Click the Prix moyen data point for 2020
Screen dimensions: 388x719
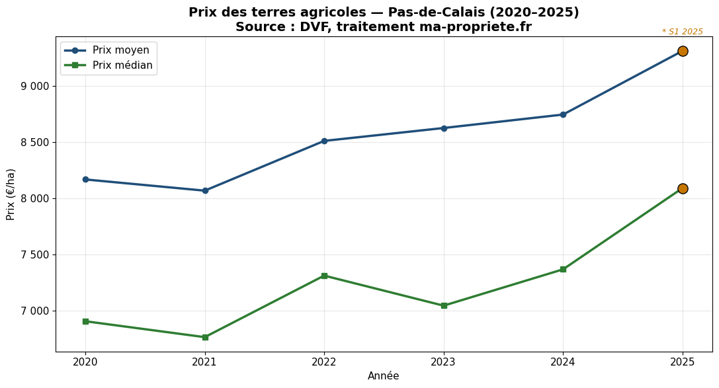(85, 179)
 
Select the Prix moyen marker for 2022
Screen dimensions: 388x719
(324, 141)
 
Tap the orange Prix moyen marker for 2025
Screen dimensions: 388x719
(683, 51)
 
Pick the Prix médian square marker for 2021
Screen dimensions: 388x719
(205, 337)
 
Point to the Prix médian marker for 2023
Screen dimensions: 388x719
(444, 305)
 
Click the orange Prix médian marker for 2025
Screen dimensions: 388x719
(683, 188)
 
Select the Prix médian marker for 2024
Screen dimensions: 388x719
(563, 269)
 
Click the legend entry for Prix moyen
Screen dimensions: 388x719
(120, 50)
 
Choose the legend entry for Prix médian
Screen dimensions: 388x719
(122, 65)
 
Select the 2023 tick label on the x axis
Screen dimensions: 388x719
(443, 362)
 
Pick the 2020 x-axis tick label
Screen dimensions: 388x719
(85, 362)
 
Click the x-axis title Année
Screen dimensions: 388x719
(384, 376)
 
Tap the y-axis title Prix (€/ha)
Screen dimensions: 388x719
(11, 194)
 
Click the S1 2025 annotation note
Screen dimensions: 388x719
(683, 32)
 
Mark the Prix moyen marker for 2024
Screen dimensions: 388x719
(563, 114)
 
